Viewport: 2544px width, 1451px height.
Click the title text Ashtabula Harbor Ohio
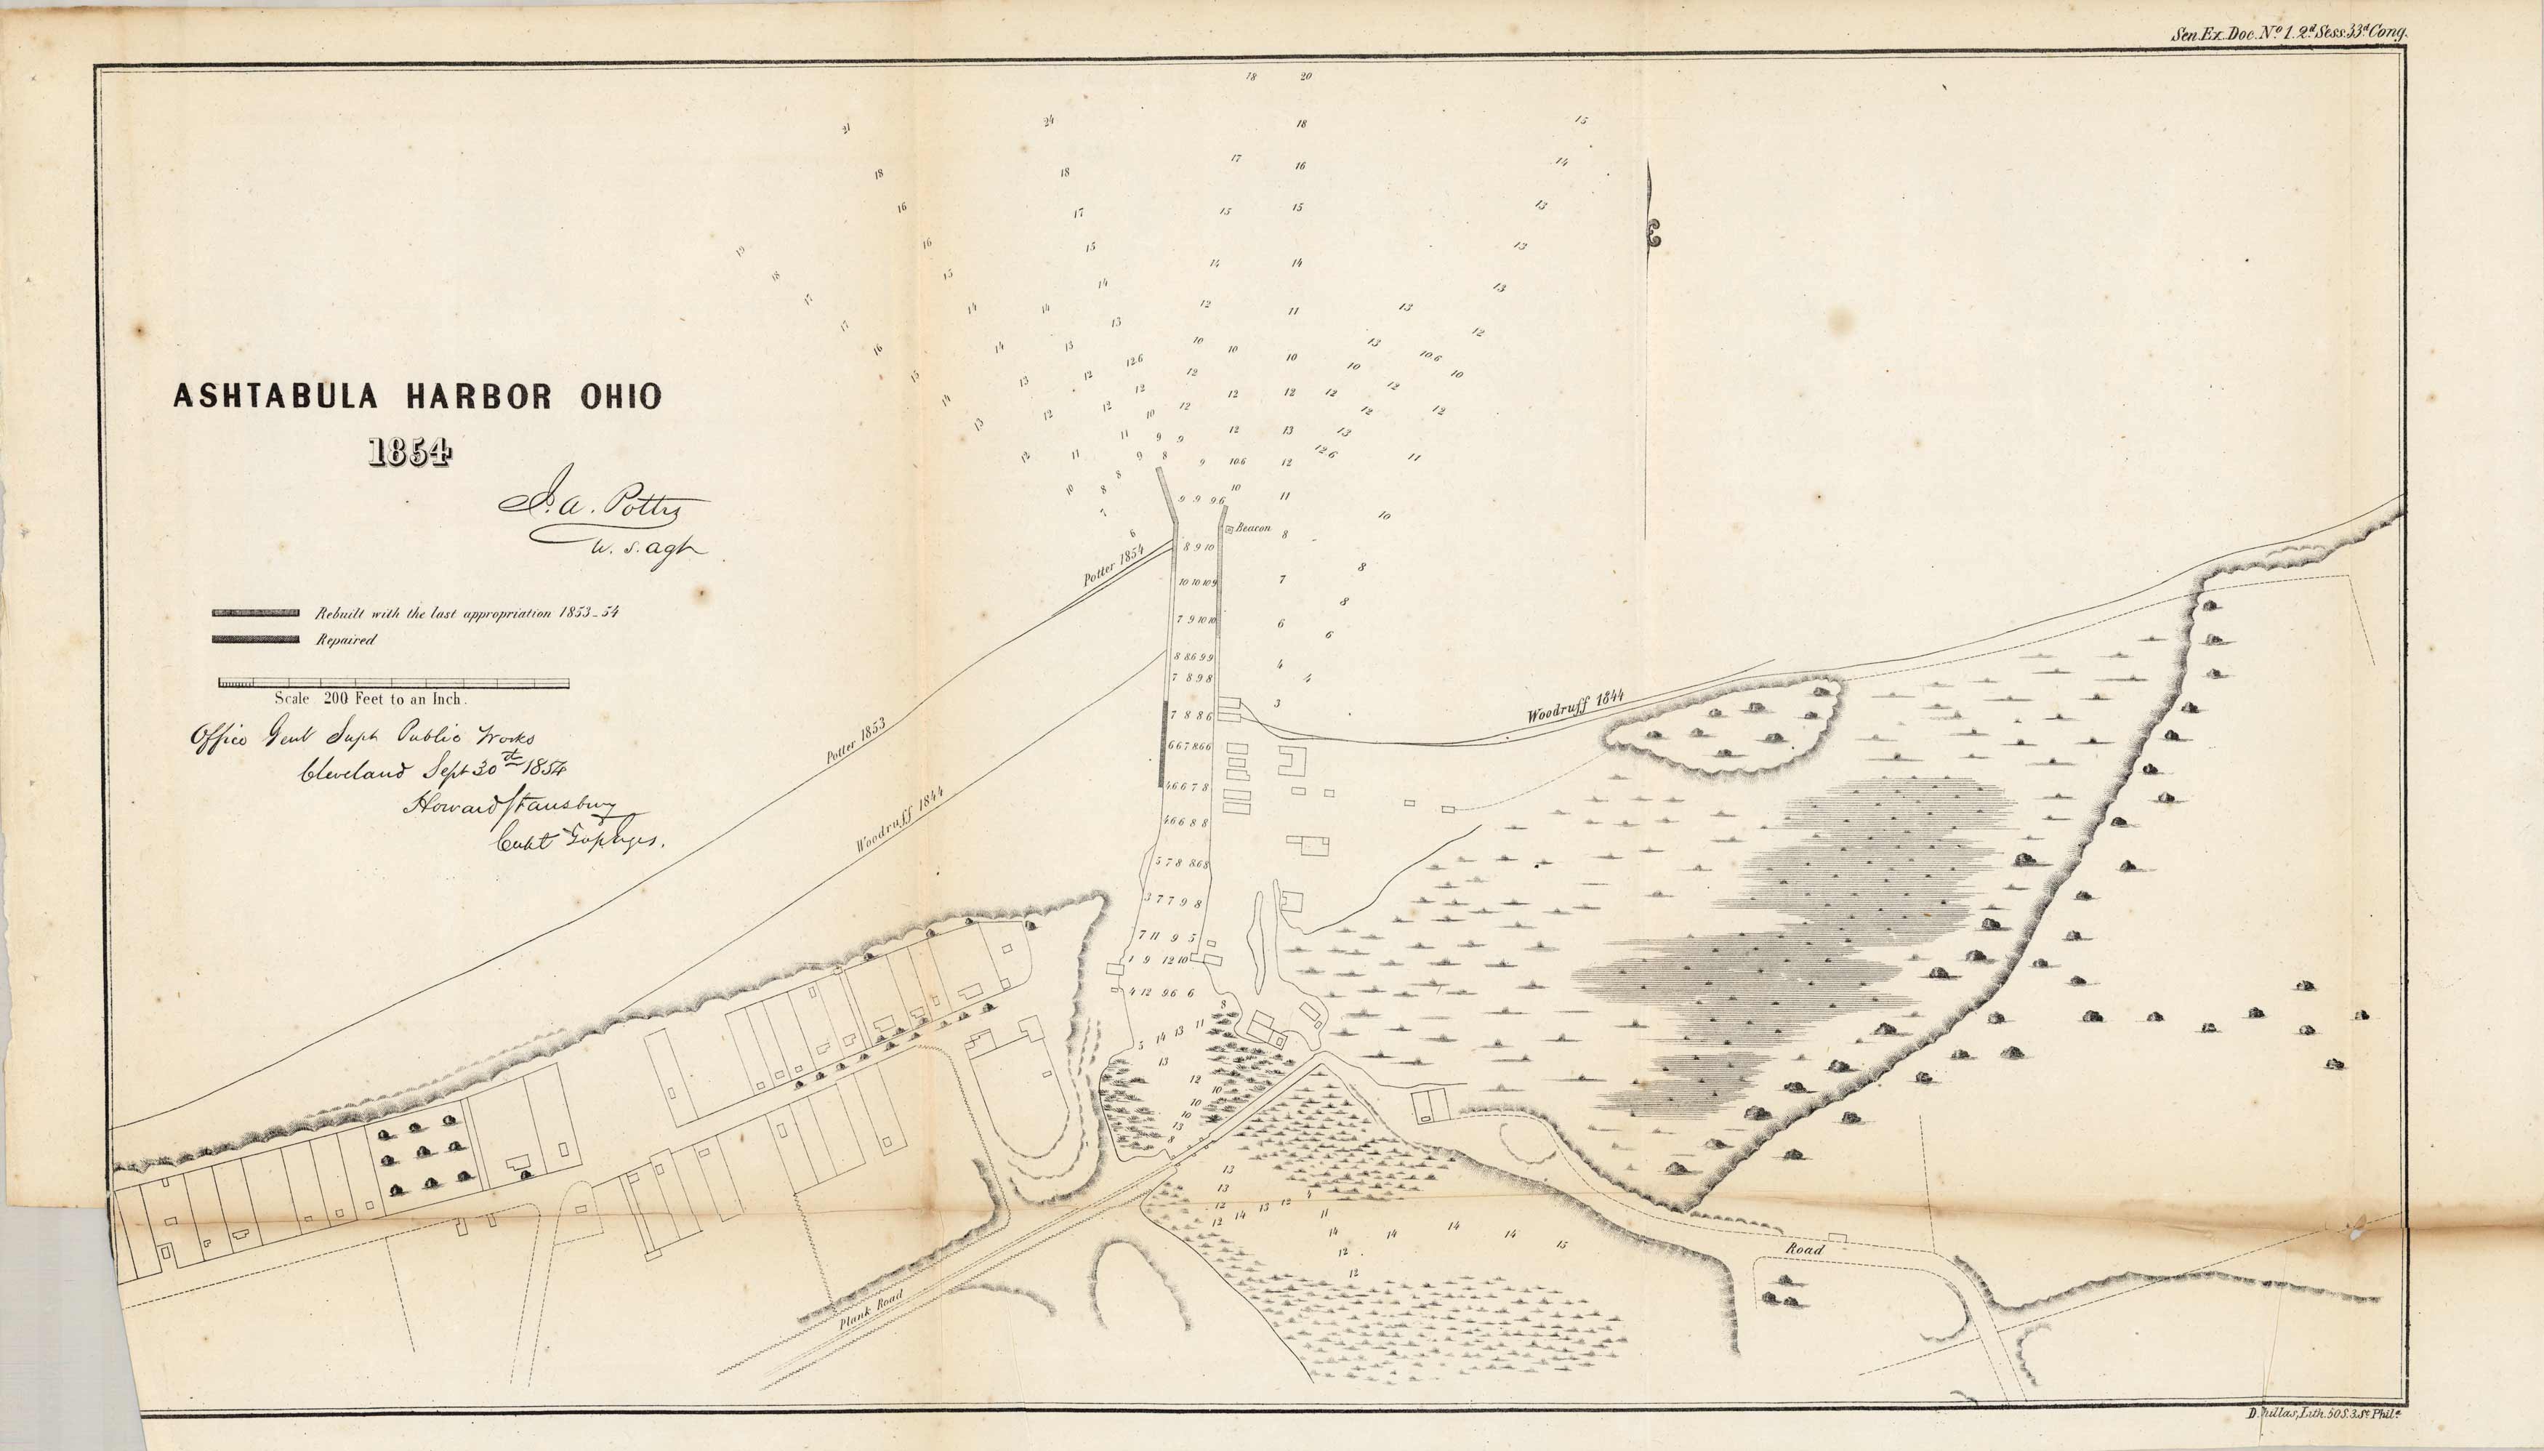[416, 397]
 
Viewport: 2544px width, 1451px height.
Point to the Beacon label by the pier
[1252, 529]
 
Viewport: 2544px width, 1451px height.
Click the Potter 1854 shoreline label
[1116, 565]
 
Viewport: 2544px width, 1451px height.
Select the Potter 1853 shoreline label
[857, 741]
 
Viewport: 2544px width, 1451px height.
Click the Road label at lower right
[1805, 1249]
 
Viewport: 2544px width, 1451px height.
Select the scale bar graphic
[394, 683]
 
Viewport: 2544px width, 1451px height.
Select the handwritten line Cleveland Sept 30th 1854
[432, 772]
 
